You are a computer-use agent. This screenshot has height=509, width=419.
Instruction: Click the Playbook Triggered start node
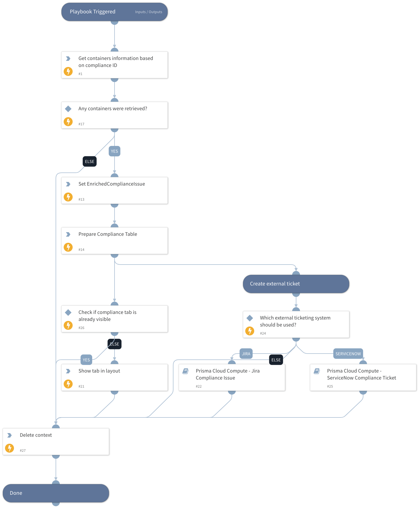click(114, 12)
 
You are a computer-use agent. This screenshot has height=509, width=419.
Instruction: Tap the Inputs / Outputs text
click(148, 12)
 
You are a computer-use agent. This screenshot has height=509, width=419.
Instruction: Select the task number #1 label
click(80, 74)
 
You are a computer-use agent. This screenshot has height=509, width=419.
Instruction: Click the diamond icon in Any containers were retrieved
click(68, 109)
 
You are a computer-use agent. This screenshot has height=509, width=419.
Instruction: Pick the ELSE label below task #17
click(89, 162)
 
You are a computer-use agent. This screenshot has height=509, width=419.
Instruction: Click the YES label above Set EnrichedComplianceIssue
click(114, 151)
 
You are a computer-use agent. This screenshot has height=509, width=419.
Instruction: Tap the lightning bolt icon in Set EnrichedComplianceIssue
click(68, 197)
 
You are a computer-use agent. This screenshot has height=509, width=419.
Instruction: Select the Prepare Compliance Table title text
click(108, 234)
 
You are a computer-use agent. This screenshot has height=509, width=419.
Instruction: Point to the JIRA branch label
click(246, 354)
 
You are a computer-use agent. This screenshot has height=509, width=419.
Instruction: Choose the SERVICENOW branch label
click(348, 354)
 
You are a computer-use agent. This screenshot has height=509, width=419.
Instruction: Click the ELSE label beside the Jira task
click(276, 360)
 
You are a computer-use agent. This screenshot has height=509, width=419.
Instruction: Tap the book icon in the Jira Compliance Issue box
click(185, 371)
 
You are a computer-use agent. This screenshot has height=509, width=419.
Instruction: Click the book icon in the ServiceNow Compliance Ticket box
click(317, 371)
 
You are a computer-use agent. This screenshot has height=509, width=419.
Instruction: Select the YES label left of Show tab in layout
click(86, 360)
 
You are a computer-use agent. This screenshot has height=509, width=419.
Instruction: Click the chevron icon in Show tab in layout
click(68, 371)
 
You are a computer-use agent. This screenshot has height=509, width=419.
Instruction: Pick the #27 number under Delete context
click(23, 450)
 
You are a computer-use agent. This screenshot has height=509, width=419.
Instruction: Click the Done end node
click(56, 493)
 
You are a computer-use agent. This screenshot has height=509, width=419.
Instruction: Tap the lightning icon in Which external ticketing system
click(250, 331)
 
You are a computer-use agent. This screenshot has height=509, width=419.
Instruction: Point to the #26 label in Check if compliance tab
click(81, 328)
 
